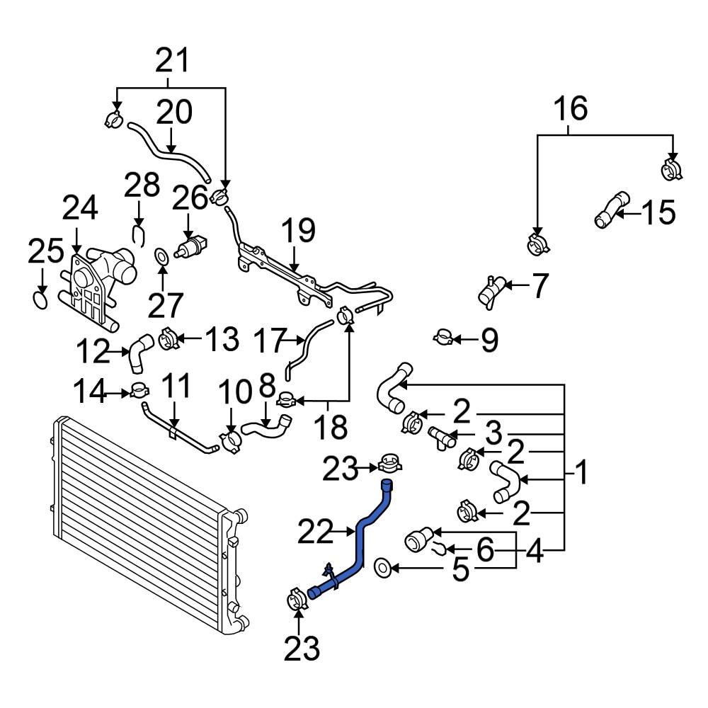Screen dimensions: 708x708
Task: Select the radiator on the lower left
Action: click(142, 517)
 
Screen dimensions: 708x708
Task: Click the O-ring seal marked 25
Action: click(41, 302)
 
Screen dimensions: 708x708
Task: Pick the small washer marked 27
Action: click(161, 254)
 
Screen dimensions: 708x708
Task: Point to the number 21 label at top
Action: click(173, 61)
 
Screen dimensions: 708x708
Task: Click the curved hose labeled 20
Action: click(170, 151)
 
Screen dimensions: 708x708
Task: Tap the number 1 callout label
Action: click(581, 473)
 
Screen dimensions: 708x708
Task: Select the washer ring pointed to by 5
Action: click(382, 566)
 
